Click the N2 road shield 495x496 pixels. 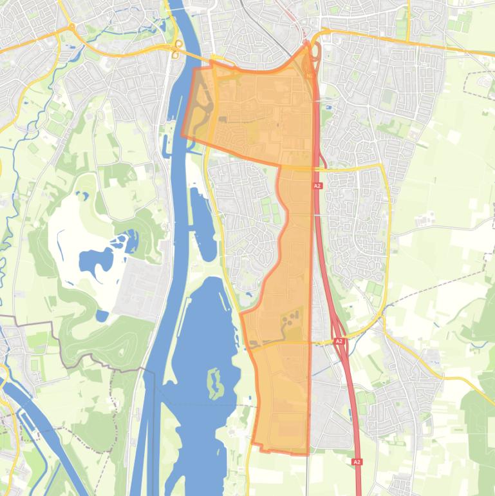point(310,75)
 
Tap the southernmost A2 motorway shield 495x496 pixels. point(357,462)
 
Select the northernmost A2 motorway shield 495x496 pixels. point(317,186)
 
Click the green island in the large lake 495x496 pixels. point(215,383)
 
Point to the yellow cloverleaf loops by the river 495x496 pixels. point(177,49)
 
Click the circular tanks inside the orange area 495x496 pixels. point(290,318)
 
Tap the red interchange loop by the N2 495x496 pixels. point(317,52)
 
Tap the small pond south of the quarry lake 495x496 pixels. point(102,316)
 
